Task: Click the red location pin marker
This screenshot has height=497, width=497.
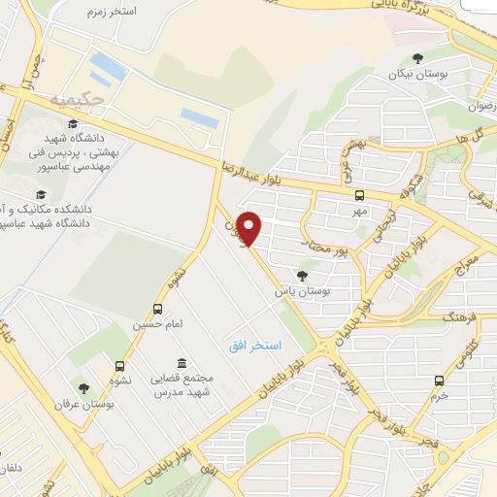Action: [250, 228]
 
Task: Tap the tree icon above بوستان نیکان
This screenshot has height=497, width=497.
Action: [417, 58]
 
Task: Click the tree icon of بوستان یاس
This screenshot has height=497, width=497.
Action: [302, 276]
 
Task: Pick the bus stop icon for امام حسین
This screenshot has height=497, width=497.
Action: [157, 310]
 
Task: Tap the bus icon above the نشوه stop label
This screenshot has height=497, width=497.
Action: [119, 366]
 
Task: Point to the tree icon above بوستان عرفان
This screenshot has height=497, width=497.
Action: [83, 388]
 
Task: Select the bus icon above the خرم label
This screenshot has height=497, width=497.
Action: [440, 380]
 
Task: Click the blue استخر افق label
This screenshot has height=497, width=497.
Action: [254, 346]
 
